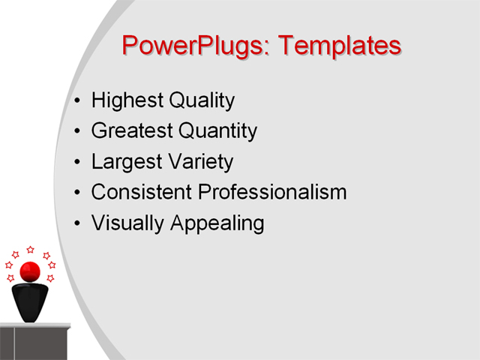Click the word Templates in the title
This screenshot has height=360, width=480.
click(340, 46)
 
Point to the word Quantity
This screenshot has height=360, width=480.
click(217, 131)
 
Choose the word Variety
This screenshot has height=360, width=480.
click(199, 162)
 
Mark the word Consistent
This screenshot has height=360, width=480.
click(140, 192)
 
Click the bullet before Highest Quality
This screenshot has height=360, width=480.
click(79, 101)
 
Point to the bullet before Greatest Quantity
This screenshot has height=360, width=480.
click(79, 132)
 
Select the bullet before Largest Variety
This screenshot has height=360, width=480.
click(79, 162)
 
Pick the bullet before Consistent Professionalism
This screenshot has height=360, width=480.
click(79, 193)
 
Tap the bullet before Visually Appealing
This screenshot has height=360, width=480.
click(79, 223)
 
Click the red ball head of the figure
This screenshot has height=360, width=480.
click(30, 271)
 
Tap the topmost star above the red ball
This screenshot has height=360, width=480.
click(30, 250)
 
